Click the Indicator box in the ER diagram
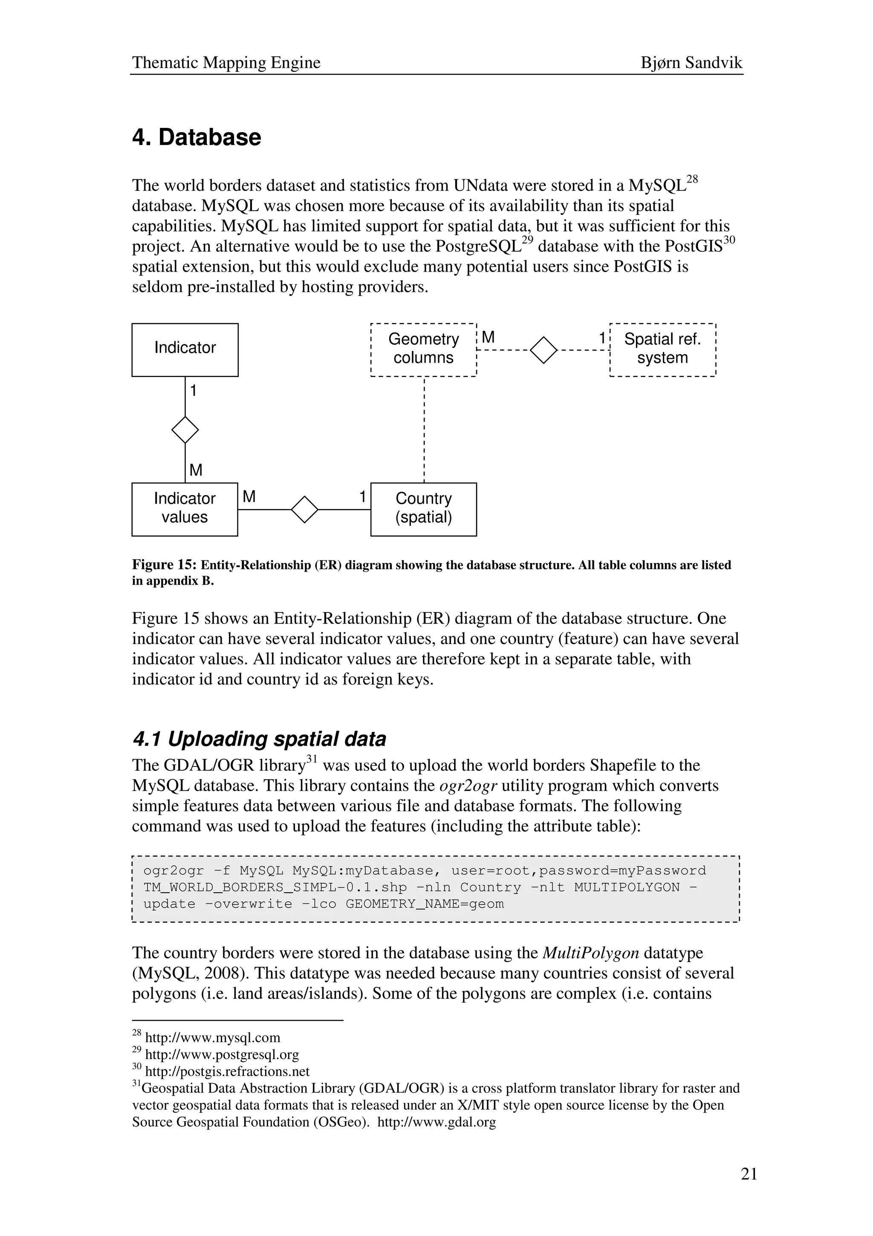click(x=185, y=349)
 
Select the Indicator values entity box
click(x=185, y=509)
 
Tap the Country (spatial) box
click(x=423, y=509)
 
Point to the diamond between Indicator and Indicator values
click(x=185, y=429)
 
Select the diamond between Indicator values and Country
click(x=304, y=509)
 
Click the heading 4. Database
click(x=197, y=137)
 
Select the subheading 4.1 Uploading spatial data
click(x=259, y=739)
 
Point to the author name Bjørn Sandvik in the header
click(x=691, y=63)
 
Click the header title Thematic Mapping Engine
click(x=226, y=63)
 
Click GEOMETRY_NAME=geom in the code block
click(x=425, y=904)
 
